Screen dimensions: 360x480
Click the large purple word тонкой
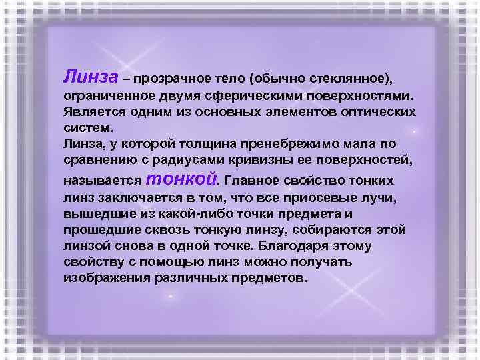click(x=181, y=178)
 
